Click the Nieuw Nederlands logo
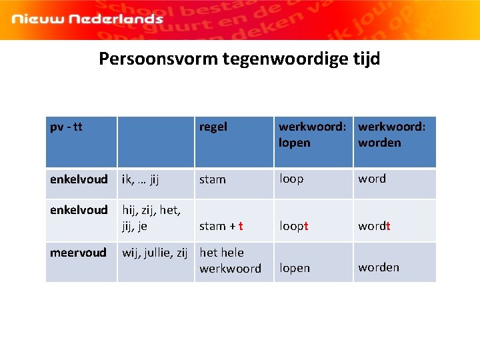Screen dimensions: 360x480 tap(87, 19)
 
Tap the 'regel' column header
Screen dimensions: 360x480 tap(213, 127)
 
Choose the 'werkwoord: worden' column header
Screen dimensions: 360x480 tap(392, 135)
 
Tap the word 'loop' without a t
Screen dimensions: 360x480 tap(291, 179)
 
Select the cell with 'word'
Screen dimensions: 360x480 tap(372, 179)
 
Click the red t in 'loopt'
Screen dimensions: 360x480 tap(306, 226)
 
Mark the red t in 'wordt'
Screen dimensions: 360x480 tap(388, 226)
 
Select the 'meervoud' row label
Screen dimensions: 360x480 tap(78, 253)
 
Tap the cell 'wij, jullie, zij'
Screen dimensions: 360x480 tap(154, 253)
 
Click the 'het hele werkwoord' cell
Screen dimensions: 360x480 tap(230, 261)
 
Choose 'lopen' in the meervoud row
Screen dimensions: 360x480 tap(295, 268)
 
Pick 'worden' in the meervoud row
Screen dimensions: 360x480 tap(379, 267)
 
